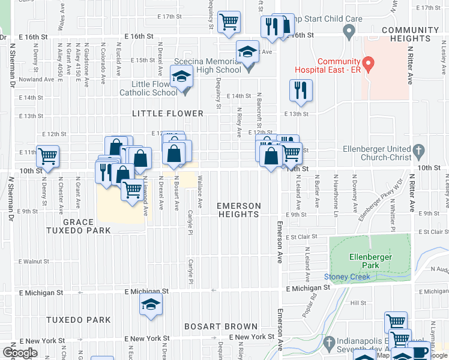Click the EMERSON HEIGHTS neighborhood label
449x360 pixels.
coord(239,210)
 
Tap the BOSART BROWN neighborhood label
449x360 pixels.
coord(212,327)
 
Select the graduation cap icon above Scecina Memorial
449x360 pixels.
coord(247,51)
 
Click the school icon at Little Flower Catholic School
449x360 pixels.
coord(180,76)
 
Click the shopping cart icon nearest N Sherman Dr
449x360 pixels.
coord(47,155)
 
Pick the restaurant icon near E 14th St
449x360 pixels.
coord(300,90)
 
